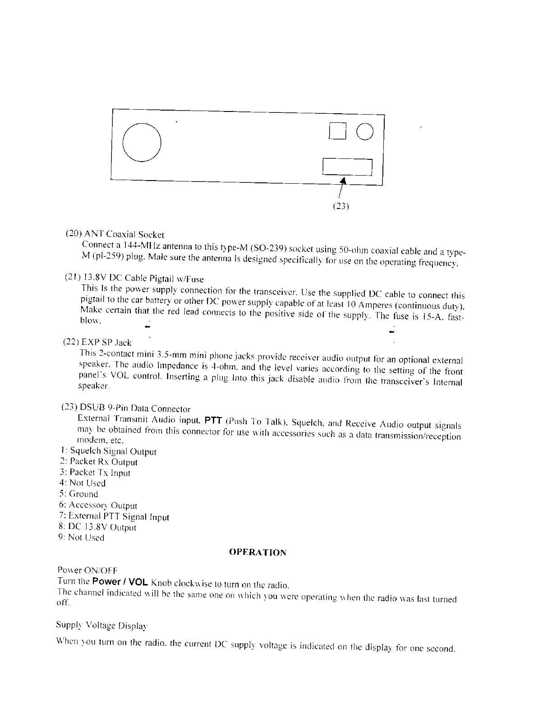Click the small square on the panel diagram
pyautogui.click(x=338, y=131)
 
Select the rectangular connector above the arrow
pyautogui.click(x=347, y=167)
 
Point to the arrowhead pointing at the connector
pyautogui.click(x=343, y=181)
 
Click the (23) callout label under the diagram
pyautogui.click(x=341, y=207)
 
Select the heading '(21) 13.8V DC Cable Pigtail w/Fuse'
pyautogui.click(x=134, y=279)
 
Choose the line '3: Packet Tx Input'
pyautogui.click(x=95, y=473)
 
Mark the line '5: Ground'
pyautogui.click(x=78, y=494)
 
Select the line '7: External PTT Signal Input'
pyautogui.click(x=114, y=516)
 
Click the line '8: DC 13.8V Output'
pyautogui.click(x=97, y=527)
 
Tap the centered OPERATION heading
pyautogui.click(x=258, y=552)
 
